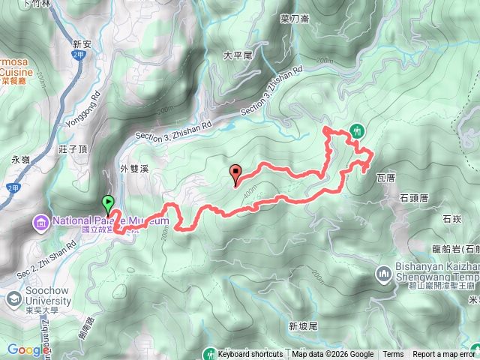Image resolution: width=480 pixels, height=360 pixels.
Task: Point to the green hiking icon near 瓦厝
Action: [x=356, y=130]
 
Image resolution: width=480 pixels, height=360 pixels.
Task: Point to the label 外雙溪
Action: [x=136, y=169]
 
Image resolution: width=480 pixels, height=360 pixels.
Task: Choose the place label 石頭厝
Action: [x=413, y=198]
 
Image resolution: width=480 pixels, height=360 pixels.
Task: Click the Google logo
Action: [x=28, y=349]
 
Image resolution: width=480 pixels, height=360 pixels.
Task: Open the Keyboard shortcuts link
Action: [x=251, y=355]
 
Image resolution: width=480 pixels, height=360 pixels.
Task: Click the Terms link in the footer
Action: [x=393, y=355]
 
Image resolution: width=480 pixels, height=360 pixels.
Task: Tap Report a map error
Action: [x=445, y=355]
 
